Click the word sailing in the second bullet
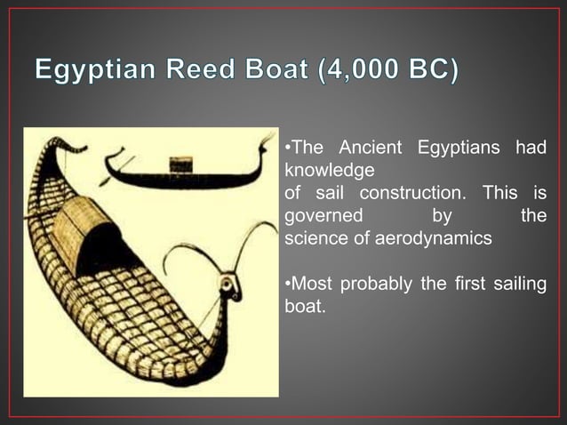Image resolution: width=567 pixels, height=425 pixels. coord(520,285)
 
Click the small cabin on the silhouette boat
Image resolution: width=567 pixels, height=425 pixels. coord(181,164)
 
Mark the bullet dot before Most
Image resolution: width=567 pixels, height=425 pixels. coord(287,285)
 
